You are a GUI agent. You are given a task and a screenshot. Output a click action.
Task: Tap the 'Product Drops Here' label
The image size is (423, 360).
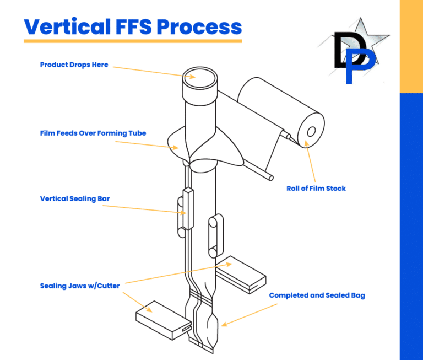[x=74, y=65]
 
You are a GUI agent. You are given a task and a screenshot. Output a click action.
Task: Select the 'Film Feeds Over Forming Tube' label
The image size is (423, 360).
[x=93, y=133]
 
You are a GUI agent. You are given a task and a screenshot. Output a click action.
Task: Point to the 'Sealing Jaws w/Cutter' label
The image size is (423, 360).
[x=79, y=286]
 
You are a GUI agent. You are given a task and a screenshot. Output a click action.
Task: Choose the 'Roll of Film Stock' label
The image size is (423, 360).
[x=316, y=189]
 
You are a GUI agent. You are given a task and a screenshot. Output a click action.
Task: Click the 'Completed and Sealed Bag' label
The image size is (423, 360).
[x=317, y=295]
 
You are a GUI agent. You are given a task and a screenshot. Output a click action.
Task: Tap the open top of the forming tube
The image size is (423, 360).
[x=197, y=76]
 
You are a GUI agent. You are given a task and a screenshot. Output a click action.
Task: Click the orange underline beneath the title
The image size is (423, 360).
[x=133, y=41]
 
